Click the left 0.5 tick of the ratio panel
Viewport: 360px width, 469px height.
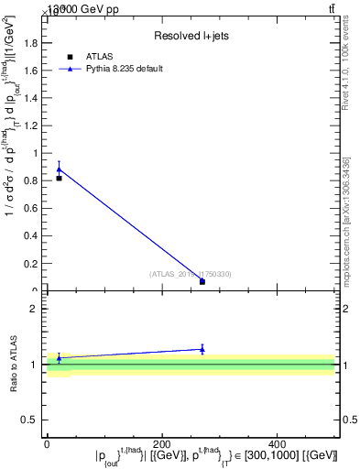coord(34,420)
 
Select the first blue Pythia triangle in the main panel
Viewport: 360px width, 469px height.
coord(59,169)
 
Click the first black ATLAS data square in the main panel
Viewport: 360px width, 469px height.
coord(59,178)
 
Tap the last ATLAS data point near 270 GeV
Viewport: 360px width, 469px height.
coord(202,281)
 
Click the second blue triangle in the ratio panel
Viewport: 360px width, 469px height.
coord(202,349)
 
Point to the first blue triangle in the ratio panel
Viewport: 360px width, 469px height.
coord(59,358)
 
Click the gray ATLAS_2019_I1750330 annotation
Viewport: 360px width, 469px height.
coord(191,274)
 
